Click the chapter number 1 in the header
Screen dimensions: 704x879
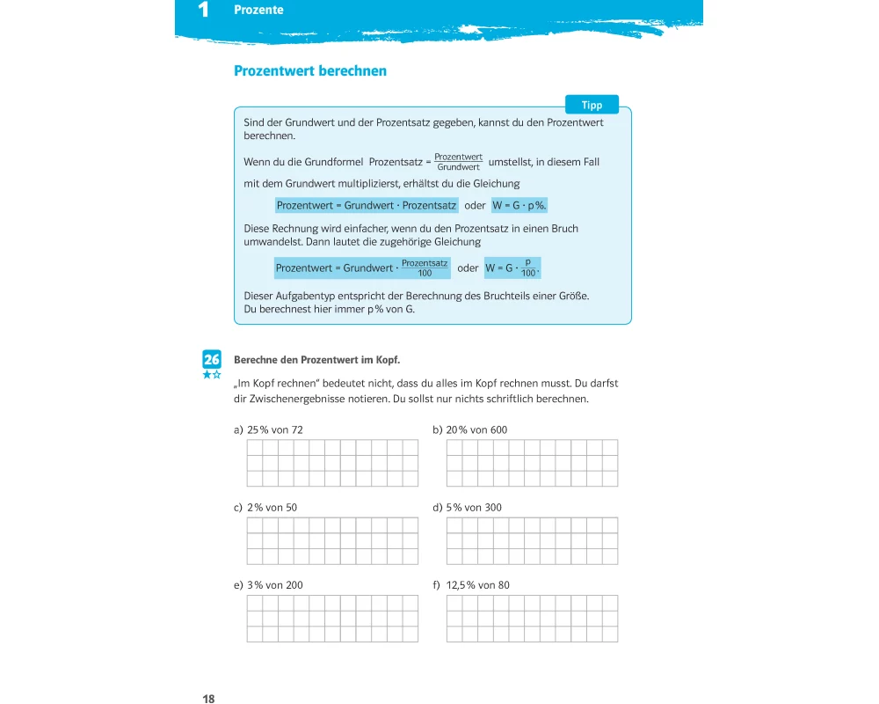click(204, 11)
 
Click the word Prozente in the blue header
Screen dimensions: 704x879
click(258, 11)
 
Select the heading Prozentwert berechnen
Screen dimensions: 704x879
click(309, 71)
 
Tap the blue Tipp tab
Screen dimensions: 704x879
click(592, 105)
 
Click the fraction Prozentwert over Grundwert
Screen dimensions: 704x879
click(458, 162)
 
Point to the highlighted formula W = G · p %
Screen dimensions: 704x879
click(519, 205)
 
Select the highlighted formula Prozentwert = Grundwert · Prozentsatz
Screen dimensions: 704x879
click(366, 205)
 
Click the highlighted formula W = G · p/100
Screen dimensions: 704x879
click(512, 268)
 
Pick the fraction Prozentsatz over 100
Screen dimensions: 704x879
click(425, 268)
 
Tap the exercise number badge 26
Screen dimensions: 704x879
click(212, 359)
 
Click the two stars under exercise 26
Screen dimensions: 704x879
click(212, 375)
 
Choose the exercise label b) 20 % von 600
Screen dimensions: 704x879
click(470, 430)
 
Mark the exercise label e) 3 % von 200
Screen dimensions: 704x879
click(268, 585)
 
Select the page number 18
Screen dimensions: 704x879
click(208, 699)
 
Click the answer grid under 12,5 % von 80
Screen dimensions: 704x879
click(532, 619)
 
